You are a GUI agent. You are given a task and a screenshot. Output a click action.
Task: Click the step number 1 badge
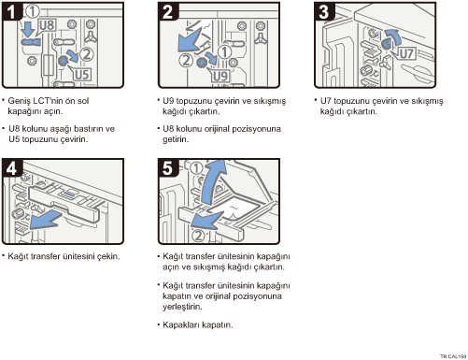pos(11,11)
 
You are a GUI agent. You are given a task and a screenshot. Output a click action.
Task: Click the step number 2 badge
pos(168,11)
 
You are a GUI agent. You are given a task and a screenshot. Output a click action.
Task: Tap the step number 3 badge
pos(324,11)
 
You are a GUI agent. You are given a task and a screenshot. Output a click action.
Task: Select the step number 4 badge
pos(11,167)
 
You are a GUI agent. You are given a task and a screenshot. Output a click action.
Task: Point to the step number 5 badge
pos(168,167)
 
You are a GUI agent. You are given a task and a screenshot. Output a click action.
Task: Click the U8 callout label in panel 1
pos(48,25)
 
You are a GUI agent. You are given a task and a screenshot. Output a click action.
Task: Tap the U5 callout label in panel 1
pos(81,75)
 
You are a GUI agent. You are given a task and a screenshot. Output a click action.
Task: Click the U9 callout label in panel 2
pos(220,76)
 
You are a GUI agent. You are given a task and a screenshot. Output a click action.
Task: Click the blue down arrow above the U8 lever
pos(28,29)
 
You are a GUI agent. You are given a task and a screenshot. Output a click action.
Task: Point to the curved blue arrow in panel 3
pos(393,37)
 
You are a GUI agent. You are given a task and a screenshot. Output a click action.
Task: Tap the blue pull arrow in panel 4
pos(46,219)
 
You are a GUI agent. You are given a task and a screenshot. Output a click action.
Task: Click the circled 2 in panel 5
pos(198,236)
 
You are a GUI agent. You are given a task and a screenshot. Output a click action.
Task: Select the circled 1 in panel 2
pos(224,51)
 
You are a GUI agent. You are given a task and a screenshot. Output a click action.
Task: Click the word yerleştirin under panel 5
pos(182,307)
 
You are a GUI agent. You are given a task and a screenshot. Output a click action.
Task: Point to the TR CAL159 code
pos(453,356)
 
